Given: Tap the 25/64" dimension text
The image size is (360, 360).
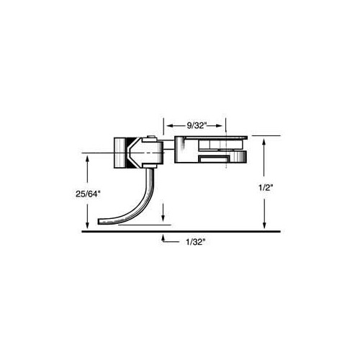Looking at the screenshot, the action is [87, 194].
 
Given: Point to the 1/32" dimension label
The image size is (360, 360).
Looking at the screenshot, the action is [196, 242].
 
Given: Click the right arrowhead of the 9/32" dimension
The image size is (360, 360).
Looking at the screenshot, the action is [220, 125].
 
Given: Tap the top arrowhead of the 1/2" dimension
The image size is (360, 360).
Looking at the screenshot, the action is [264, 142].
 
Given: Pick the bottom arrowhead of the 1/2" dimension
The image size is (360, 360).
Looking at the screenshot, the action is [264, 225].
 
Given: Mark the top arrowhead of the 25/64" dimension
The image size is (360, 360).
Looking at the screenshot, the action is [87, 159].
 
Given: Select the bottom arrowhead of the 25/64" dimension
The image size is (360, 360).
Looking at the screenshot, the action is [87, 225].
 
